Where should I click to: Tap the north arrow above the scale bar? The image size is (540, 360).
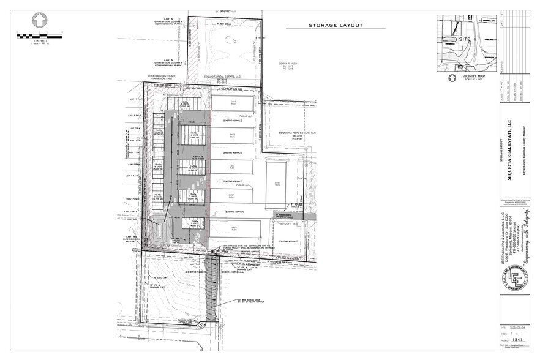[40, 21]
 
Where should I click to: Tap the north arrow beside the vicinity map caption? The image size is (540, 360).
[453, 78]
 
